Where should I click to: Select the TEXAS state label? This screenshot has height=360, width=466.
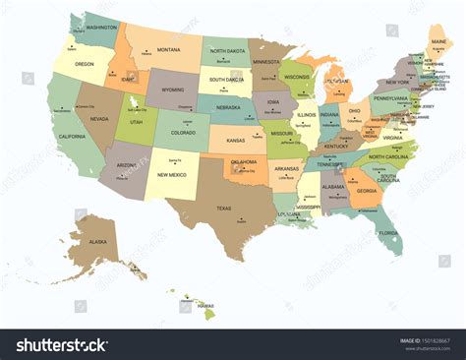point(224,208)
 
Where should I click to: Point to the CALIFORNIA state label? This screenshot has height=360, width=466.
point(72,136)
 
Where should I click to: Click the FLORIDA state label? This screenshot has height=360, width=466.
point(389,233)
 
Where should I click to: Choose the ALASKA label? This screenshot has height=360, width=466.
point(98,241)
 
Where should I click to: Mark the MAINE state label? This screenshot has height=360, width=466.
point(438,42)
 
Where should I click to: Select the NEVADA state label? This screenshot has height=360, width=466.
point(99,118)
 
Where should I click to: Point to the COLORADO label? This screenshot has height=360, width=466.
point(183,131)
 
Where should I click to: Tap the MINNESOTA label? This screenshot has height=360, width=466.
point(265,61)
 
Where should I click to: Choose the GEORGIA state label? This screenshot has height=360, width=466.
point(366,191)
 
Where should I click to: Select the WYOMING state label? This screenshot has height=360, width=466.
point(173,90)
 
